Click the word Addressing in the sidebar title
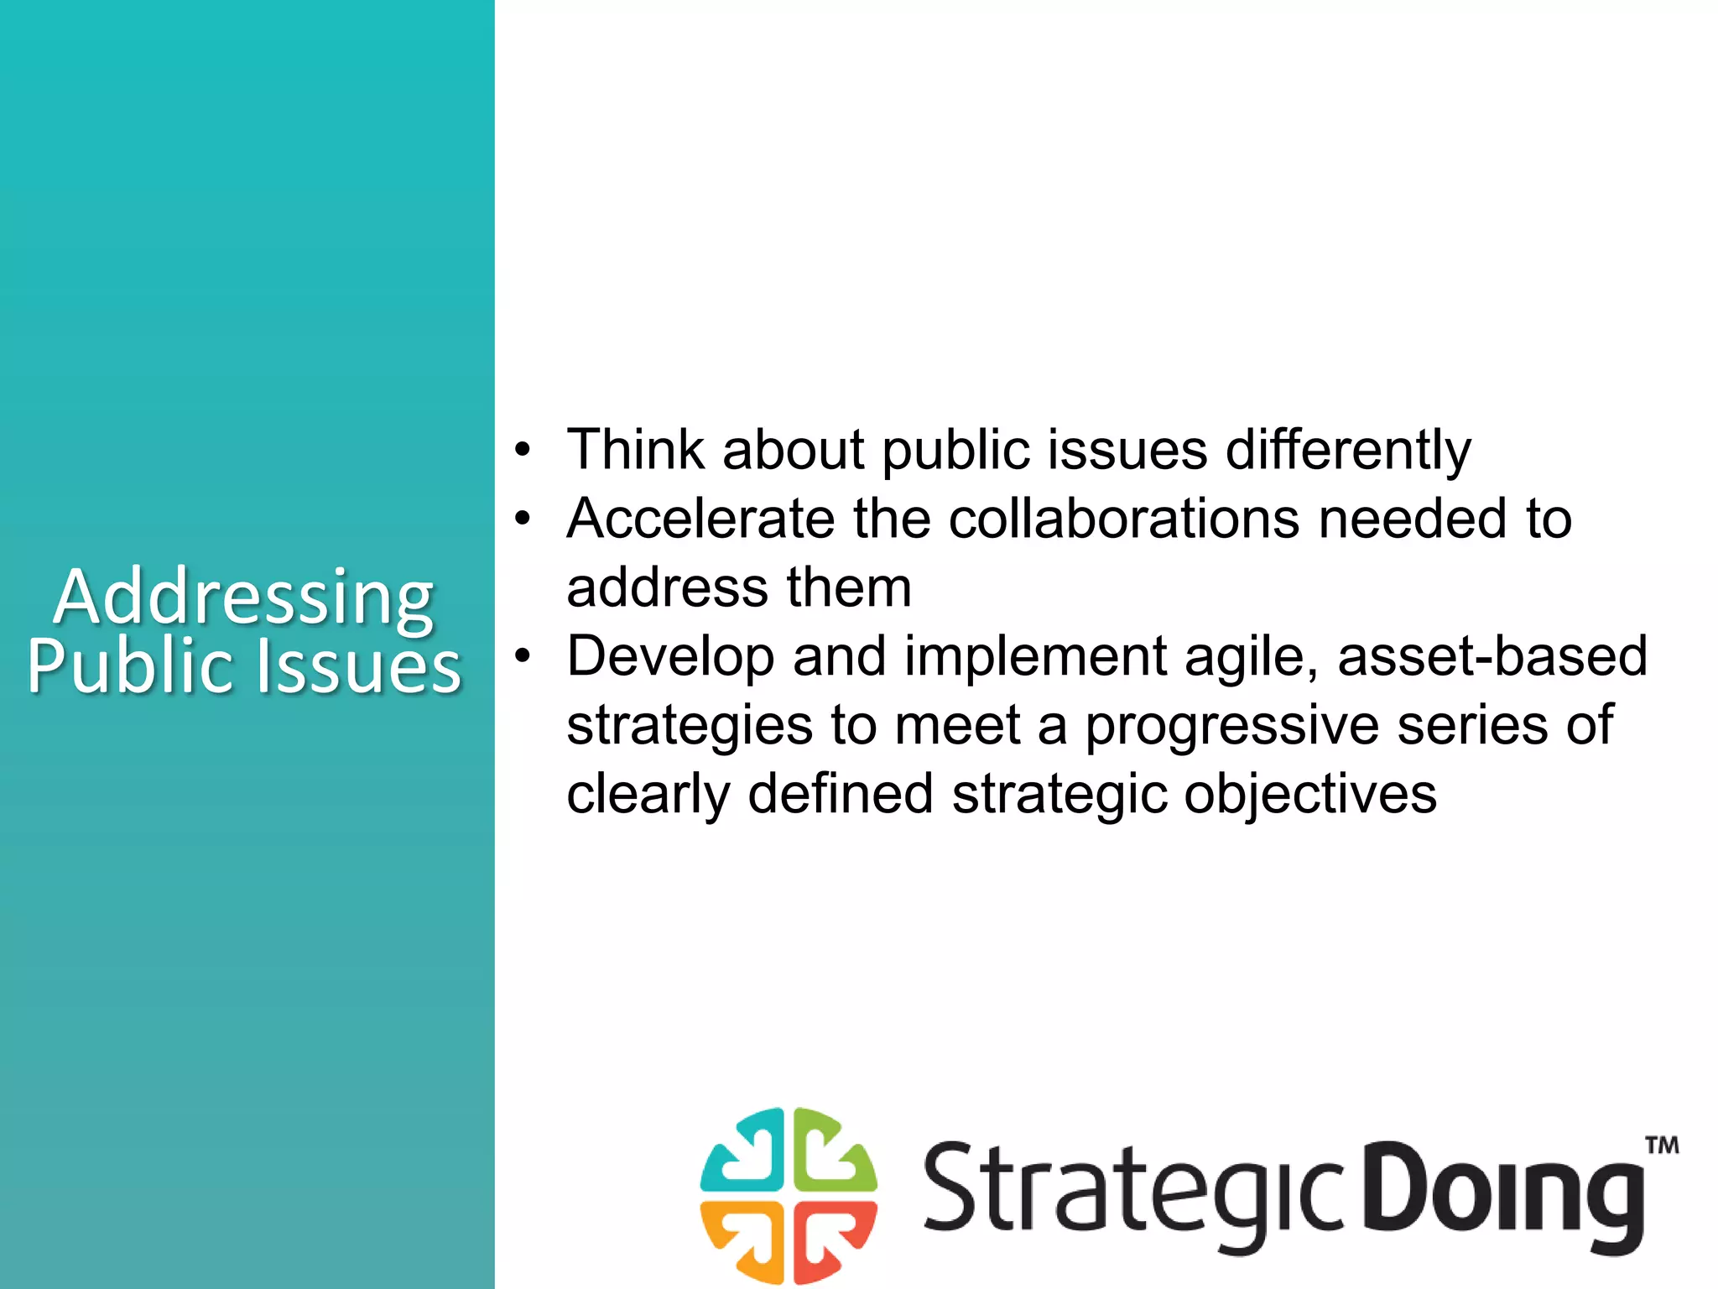pos(243,598)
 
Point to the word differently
pos(1348,451)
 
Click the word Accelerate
pos(700,519)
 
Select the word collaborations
pos(1124,519)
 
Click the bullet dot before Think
pos(523,450)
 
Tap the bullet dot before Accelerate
pos(523,519)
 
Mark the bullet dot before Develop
pos(523,656)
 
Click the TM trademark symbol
pos(1661,1145)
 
